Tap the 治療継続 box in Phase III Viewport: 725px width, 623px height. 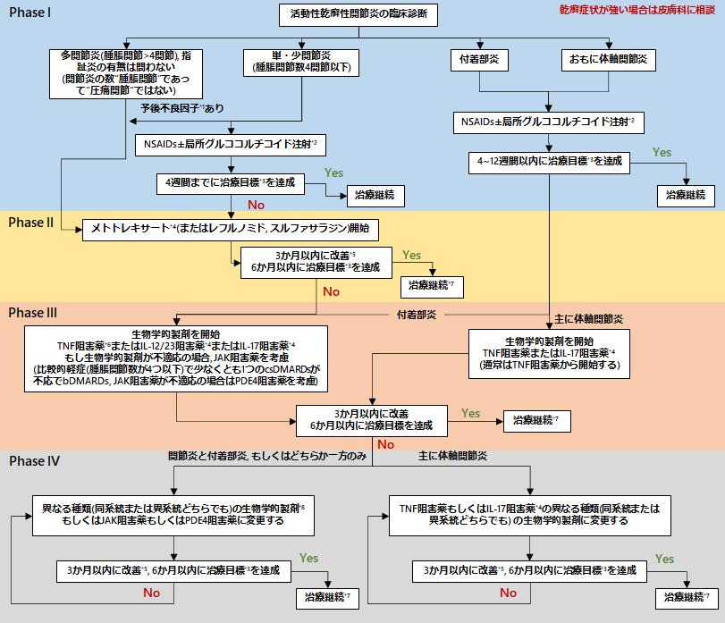click(x=533, y=419)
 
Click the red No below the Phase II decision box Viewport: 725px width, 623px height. click(x=331, y=291)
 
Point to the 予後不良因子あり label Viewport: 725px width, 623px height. click(x=182, y=107)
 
